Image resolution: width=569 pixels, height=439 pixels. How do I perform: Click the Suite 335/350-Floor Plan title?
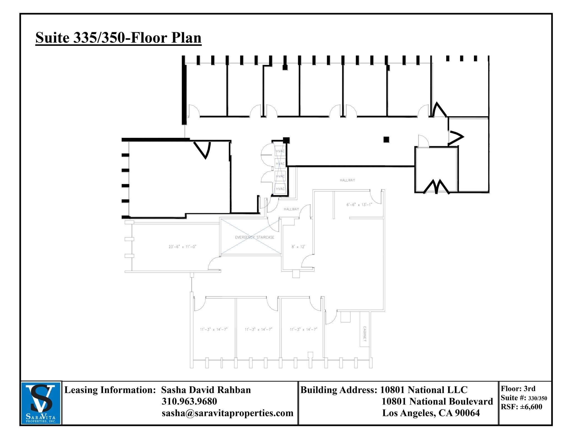(x=118, y=38)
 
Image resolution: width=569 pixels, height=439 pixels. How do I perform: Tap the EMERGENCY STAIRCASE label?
(x=254, y=237)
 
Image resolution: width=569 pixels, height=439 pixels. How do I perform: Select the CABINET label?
(x=365, y=334)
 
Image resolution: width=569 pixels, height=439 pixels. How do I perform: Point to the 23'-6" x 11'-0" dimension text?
(x=182, y=247)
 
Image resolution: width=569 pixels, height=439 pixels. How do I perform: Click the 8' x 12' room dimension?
(x=298, y=247)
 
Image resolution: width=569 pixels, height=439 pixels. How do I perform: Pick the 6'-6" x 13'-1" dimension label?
(x=359, y=205)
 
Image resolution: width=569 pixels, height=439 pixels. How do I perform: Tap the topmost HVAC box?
(x=280, y=151)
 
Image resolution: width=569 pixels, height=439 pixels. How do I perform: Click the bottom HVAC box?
(x=280, y=189)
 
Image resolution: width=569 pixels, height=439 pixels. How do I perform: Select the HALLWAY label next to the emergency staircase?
(x=291, y=209)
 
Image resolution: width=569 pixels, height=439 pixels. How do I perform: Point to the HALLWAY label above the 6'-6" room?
(x=347, y=180)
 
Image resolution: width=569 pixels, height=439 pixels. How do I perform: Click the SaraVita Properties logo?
(x=41, y=403)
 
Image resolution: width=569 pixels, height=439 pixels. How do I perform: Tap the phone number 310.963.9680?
(x=189, y=401)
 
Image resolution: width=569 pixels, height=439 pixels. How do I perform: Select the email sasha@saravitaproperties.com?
(x=228, y=413)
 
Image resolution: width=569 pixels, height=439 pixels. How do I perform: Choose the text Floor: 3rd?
(x=518, y=389)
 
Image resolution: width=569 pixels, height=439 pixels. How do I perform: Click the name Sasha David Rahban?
(x=206, y=390)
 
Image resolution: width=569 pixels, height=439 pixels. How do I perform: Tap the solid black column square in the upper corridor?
(x=386, y=139)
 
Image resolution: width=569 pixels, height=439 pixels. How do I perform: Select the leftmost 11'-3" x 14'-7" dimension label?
(x=214, y=329)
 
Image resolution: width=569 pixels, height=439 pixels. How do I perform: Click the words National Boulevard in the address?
(x=451, y=401)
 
